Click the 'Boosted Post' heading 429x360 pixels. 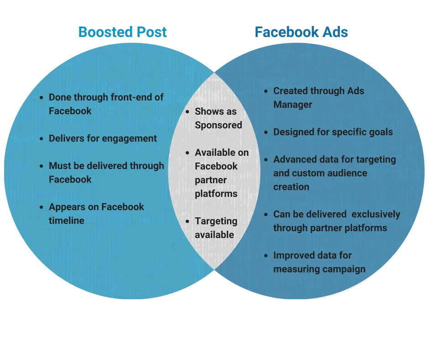122,32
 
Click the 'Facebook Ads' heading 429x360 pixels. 301,32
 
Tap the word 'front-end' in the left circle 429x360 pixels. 136,97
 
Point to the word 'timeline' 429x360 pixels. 67,221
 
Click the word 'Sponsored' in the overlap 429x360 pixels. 218,125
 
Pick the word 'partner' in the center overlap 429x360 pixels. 209,180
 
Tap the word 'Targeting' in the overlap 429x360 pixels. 216,221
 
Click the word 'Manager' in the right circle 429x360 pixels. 293,105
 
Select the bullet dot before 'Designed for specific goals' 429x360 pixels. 267,132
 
